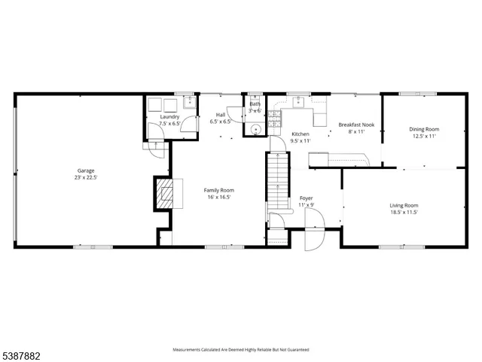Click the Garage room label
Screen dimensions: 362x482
pyautogui.click(x=84, y=170)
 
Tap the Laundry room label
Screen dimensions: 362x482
pyautogui.click(x=169, y=117)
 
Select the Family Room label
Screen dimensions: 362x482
pyautogui.click(x=218, y=190)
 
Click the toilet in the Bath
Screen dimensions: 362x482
pyautogui.click(x=255, y=129)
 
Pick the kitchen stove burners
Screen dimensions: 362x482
pyautogui.click(x=275, y=118)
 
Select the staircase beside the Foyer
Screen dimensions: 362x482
pyautogui.click(x=279, y=181)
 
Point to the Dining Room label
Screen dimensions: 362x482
pyautogui.click(x=424, y=129)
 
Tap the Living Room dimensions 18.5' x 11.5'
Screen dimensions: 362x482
pyautogui.click(x=404, y=212)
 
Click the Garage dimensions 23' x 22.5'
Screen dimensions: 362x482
pyautogui.click(x=84, y=178)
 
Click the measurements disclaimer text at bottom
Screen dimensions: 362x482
pyautogui.click(x=241, y=349)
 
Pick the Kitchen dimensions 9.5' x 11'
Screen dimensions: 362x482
pyautogui.click(x=300, y=140)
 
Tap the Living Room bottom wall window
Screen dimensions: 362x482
pyautogui.click(x=398, y=247)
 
